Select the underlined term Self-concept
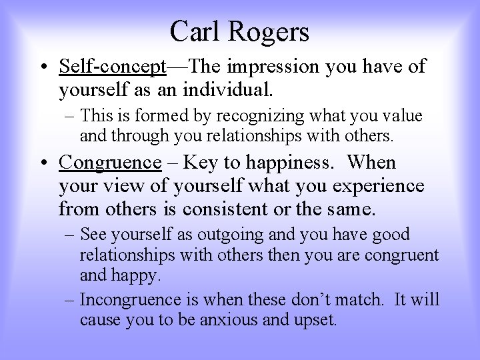(x=112, y=66)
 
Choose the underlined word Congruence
(x=110, y=162)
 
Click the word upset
(x=314, y=319)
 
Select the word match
(x=352, y=299)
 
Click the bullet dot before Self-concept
(x=42, y=67)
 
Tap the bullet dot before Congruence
(x=42, y=163)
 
